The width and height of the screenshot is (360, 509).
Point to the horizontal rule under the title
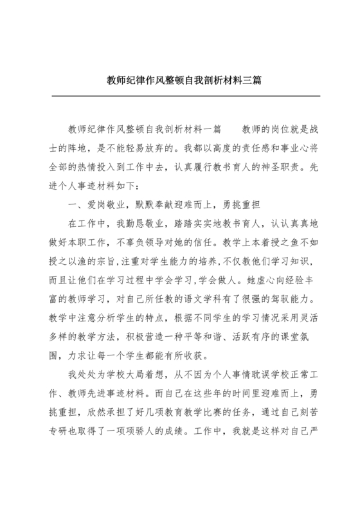click(180, 96)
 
